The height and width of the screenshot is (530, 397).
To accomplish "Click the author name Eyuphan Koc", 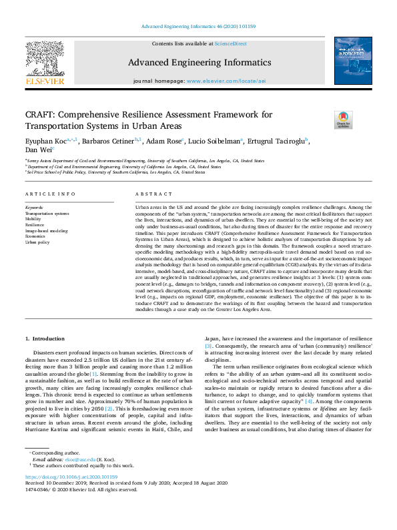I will tap(44, 142).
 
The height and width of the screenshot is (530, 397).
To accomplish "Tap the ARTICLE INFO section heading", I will tap(50, 194).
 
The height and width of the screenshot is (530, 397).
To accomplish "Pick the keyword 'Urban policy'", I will tap(38, 242).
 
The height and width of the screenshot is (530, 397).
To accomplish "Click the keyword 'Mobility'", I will tap(34, 219).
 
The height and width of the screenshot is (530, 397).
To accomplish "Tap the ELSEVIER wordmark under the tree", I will tap(45, 81).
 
